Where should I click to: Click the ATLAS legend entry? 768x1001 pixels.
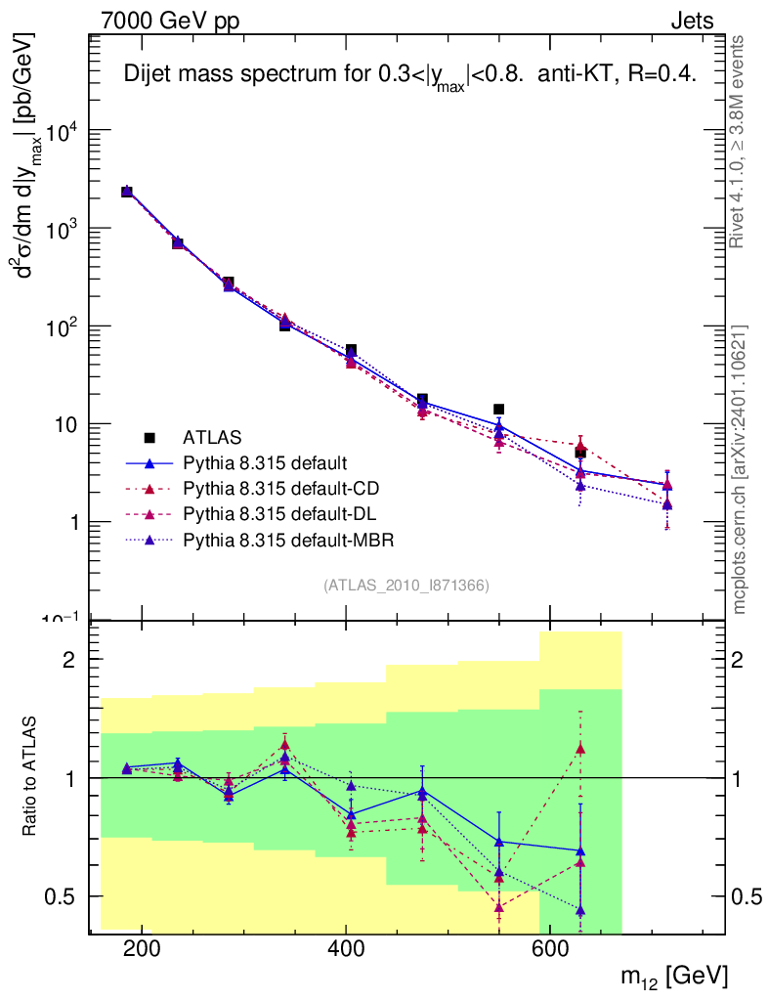click(211, 436)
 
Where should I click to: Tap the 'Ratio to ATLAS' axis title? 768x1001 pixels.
click(31, 776)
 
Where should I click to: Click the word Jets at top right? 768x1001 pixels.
click(691, 21)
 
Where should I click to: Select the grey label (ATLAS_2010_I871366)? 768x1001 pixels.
click(405, 585)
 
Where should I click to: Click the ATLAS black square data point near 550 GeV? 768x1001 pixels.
click(498, 410)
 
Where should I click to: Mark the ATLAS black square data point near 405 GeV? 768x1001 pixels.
click(351, 350)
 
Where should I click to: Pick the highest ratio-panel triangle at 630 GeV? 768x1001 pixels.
click(580, 749)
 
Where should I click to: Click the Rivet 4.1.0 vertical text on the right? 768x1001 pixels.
click(739, 142)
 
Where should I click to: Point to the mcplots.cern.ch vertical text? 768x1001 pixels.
click(739, 469)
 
